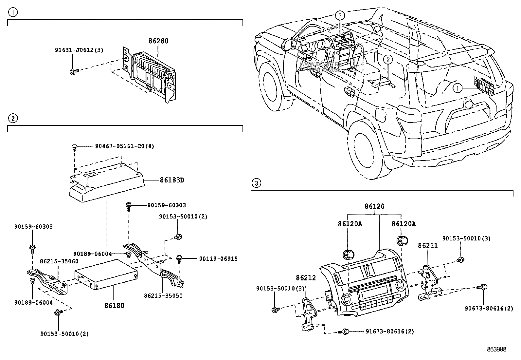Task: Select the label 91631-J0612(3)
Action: pyautogui.click(x=79, y=50)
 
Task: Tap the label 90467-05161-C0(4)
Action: pyautogui.click(x=124, y=146)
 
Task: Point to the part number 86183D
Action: pyautogui.click(x=172, y=180)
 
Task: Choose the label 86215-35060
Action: pyautogui.click(x=59, y=261)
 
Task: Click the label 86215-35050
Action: pyautogui.click(x=163, y=295)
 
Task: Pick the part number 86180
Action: pyautogui.click(x=114, y=305)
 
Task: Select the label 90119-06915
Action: pyautogui.click(x=218, y=259)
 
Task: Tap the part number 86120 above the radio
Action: pyautogui.click(x=375, y=206)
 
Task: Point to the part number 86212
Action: pyautogui.click(x=306, y=278)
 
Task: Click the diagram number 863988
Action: pyautogui.click(x=496, y=350)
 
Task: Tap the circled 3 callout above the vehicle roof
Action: pyautogui.click(x=340, y=15)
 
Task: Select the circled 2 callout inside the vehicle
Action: pyautogui.click(x=388, y=60)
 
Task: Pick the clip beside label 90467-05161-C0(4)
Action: pyautogui.click(x=75, y=146)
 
